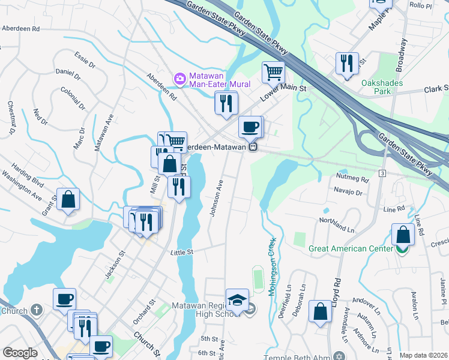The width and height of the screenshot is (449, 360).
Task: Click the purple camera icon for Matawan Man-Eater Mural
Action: tap(179, 79)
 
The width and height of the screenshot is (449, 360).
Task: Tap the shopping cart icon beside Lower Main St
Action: tap(273, 72)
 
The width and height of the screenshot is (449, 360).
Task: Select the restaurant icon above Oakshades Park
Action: tap(346, 63)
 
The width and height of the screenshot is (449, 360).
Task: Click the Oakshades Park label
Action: tap(382, 87)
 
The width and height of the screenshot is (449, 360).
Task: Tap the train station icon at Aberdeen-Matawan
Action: tap(254, 146)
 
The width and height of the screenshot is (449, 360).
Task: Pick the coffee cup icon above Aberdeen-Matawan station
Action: tap(250, 127)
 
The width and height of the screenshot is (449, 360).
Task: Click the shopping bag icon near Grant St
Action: tap(68, 199)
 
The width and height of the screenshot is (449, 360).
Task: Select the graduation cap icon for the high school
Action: tap(237, 299)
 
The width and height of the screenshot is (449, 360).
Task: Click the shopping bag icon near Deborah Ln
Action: tap(321, 311)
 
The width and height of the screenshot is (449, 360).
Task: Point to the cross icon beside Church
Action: tap(37, 310)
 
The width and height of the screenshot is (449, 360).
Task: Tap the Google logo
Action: tap(19, 353)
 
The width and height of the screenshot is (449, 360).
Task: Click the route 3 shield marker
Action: tap(382, 173)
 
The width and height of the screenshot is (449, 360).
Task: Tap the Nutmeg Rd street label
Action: tap(352, 179)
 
